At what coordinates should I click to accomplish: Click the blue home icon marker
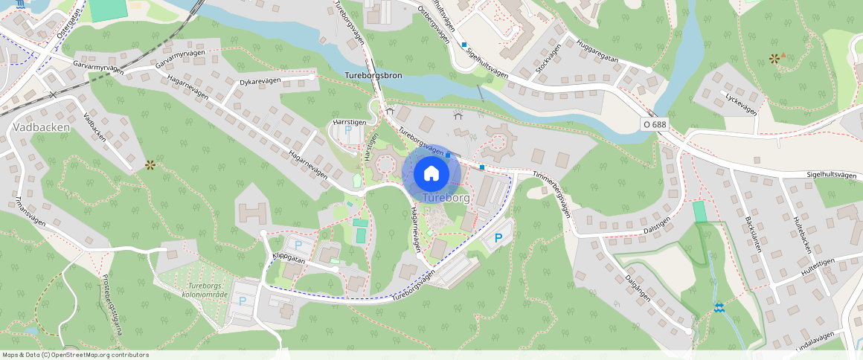click(x=431, y=173)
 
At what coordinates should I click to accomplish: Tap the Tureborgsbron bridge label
click(x=373, y=76)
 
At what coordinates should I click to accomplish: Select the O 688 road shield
click(x=654, y=124)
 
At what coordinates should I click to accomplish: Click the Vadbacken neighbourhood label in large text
click(x=42, y=127)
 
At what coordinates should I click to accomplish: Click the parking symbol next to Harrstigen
click(x=348, y=131)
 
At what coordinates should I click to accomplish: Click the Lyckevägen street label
click(x=740, y=103)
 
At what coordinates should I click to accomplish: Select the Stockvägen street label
click(x=548, y=58)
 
